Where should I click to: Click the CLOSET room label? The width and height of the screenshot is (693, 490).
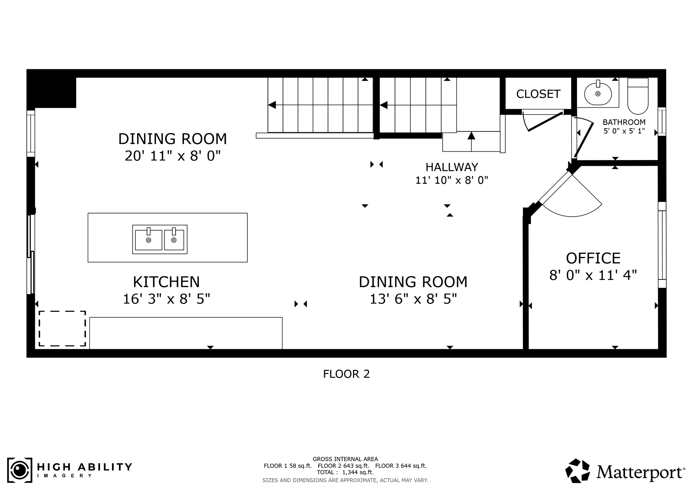(x=538, y=94)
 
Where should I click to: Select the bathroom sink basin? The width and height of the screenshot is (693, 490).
(x=598, y=94)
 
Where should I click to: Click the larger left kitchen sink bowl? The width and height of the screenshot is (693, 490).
(x=148, y=240)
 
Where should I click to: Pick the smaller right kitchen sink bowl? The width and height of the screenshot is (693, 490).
(x=174, y=240)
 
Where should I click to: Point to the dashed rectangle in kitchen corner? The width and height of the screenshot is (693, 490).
(x=62, y=328)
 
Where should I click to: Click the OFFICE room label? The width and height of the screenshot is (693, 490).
(x=593, y=258)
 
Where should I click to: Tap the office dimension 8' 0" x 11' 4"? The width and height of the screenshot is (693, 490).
(x=593, y=275)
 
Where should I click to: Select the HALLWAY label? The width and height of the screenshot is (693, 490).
(x=451, y=167)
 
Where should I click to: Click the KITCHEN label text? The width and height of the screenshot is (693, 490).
(x=166, y=282)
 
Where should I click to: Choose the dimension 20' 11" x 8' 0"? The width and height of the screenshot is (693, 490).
(x=173, y=156)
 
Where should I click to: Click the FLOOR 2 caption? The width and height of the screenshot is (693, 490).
(x=346, y=374)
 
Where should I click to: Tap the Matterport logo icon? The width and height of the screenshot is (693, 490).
(x=578, y=471)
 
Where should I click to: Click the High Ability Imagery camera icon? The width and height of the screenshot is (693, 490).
(x=20, y=470)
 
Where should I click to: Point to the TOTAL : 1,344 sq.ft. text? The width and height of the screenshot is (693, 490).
(x=345, y=472)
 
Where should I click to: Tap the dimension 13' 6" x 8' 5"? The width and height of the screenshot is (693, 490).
(x=413, y=299)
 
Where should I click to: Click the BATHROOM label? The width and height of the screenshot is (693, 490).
(x=624, y=122)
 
